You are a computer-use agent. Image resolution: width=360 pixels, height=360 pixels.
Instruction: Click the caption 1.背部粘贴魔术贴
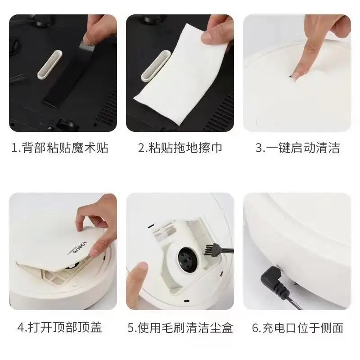(x=60, y=148)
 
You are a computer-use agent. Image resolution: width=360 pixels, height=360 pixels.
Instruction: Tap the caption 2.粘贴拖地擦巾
(x=180, y=148)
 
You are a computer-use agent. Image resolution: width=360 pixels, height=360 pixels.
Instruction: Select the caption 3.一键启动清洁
(x=297, y=148)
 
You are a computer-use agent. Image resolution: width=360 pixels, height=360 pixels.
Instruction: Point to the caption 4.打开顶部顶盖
(x=60, y=328)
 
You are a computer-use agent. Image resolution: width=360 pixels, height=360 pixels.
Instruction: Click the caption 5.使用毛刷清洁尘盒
(x=180, y=328)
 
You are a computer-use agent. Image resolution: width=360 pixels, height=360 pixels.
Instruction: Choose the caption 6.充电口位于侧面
(x=297, y=328)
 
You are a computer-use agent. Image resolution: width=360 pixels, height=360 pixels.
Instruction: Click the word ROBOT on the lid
(x=81, y=247)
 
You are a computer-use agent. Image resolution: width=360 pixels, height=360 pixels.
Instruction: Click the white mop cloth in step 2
(x=181, y=76)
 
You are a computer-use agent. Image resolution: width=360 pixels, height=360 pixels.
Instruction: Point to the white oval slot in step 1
(x=50, y=65)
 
